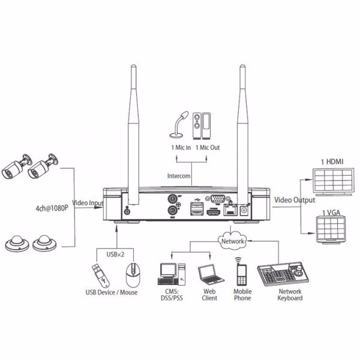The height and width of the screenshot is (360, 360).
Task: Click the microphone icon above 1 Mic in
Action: pos(178,125)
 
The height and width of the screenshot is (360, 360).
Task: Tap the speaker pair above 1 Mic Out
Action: pos(202,125)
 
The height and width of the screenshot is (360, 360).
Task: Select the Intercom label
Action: pos(179,176)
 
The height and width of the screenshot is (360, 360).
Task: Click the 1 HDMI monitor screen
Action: pos(334,182)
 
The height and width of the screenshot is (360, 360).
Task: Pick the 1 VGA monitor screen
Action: pos(331,230)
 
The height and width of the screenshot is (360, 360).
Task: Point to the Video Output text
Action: pos(295,200)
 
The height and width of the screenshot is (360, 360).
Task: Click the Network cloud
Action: pos(232,241)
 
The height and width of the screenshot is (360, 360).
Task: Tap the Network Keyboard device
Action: pos(283,274)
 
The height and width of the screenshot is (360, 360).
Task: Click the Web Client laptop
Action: pos(211,275)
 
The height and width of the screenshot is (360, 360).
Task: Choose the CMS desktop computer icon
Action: pos(172,274)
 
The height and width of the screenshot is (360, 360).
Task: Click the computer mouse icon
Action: pos(133,275)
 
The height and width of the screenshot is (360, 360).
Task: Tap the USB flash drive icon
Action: pos(101,275)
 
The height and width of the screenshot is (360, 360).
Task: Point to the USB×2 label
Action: pos(115,254)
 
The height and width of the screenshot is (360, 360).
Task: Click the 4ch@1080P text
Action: pos(52,208)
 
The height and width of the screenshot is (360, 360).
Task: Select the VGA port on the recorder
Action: pos(217,199)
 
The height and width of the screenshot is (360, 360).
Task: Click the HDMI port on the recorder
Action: pos(213,212)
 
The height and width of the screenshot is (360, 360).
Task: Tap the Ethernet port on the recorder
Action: pos(230,210)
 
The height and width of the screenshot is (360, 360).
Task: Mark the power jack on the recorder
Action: pos(244,211)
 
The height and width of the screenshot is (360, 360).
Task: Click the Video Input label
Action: pos(88,203)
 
